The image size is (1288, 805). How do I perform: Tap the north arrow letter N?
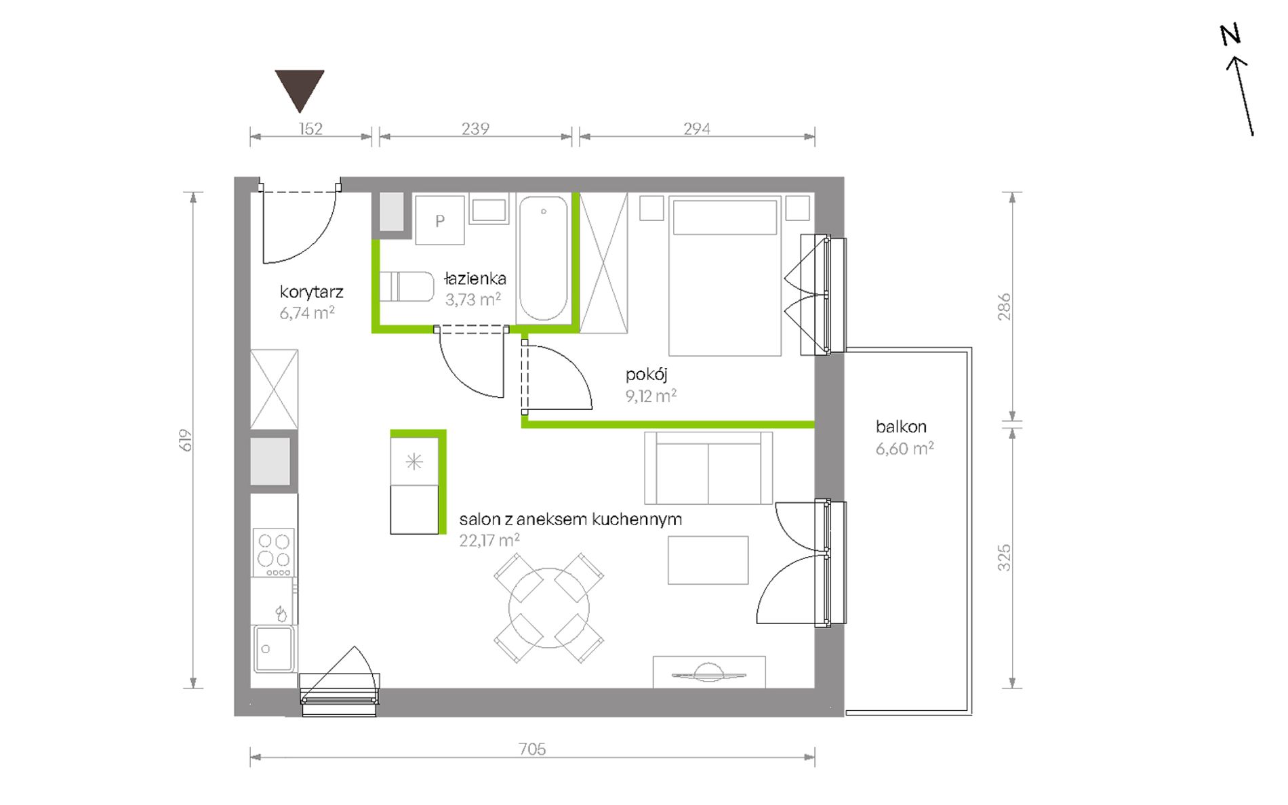(1230, 35)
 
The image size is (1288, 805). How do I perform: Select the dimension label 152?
(310, 129)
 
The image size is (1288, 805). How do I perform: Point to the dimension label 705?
(532, 749)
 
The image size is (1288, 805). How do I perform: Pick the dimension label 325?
(1004, 558)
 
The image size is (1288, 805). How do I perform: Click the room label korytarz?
(311, 292)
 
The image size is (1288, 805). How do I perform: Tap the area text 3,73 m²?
(472, 300)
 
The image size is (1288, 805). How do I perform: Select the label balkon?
(901, 427)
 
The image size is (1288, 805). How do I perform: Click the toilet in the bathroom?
(407, 287)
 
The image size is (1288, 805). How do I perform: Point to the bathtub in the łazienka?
(544, 258)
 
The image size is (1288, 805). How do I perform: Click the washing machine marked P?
(440, 220)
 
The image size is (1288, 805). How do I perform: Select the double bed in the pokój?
(725, 276)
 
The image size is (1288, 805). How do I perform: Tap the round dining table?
(549, 608)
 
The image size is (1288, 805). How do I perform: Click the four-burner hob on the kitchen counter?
(274, 552)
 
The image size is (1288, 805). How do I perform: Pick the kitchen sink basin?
(274, 648)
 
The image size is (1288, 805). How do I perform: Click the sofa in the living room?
(708, 468)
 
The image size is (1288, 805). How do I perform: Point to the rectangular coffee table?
(708, 560)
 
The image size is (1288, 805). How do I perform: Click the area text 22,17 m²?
(489, 541)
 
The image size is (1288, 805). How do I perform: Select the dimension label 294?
(697, 129)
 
